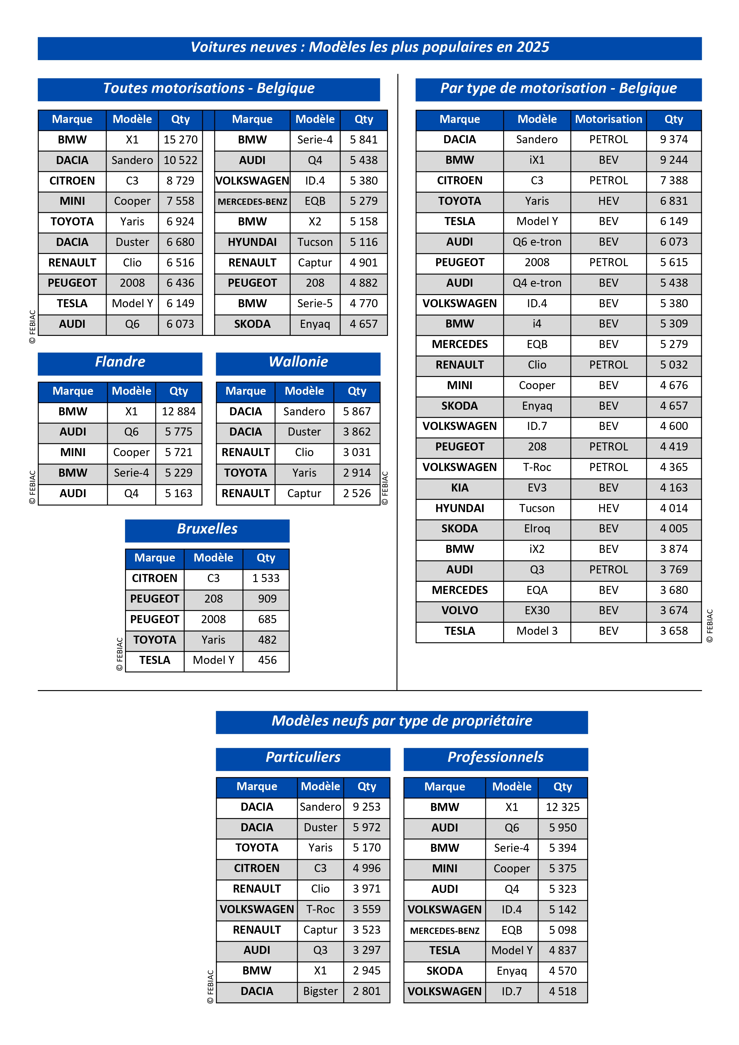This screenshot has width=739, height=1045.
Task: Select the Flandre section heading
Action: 120,362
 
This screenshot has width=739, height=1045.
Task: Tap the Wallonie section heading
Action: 298,362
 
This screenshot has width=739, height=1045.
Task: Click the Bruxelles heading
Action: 207,529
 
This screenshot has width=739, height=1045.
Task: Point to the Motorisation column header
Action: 608,119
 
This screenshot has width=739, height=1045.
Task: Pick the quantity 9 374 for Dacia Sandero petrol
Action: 673,139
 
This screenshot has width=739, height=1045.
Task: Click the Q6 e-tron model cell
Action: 537,242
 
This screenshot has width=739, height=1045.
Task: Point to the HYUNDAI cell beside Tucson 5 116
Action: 252,242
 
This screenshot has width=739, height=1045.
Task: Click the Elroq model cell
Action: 537,528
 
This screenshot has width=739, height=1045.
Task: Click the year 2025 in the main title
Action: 533,47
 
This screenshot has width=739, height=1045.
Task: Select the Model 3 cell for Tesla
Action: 537,631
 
